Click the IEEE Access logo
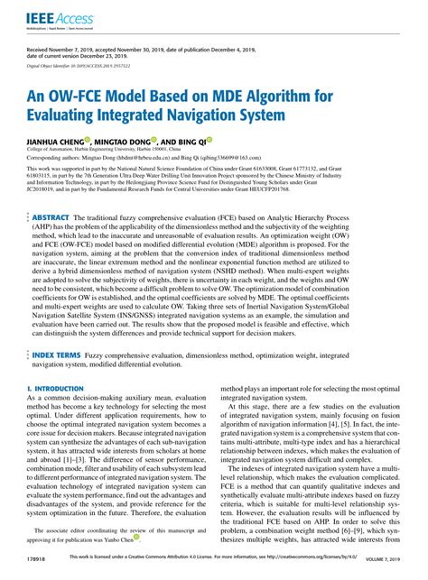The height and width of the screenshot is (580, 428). coord(55,15)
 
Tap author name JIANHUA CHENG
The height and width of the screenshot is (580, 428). coord(55,141)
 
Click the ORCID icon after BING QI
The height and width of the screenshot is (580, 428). coord(209,140)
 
